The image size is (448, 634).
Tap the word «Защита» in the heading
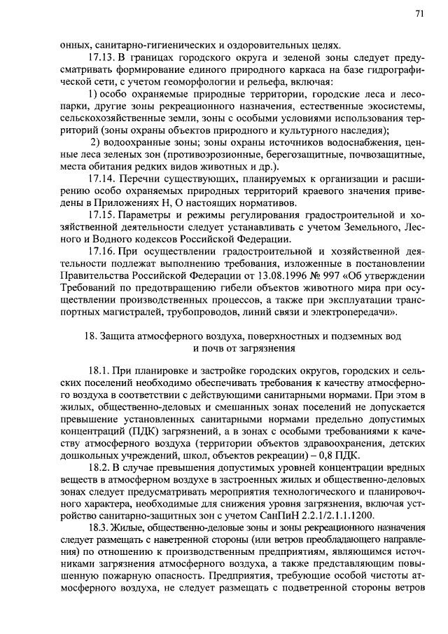[120, 335]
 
